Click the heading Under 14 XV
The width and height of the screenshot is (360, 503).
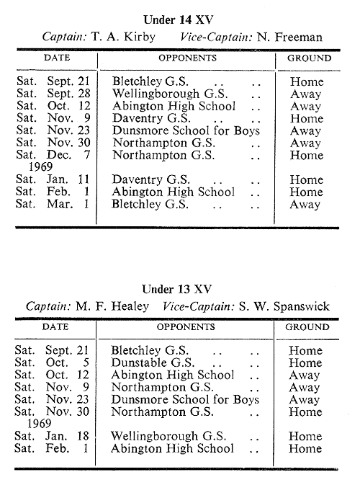(179, 20)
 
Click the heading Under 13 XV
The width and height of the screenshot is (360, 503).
(177, 290)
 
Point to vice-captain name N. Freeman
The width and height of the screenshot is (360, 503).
(289, 37)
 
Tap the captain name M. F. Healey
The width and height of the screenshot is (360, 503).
(112, 306)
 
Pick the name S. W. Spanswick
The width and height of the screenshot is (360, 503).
(284, 306)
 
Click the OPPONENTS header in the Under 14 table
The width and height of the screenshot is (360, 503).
(187, 58)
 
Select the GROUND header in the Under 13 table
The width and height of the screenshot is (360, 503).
(307, 327)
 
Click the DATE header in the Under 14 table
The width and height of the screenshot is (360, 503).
(57, 58)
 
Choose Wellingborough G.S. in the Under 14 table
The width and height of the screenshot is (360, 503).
(170, 94)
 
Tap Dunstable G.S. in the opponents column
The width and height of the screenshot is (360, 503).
(153, 362)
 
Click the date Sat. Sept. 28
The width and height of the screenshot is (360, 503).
(53, 94)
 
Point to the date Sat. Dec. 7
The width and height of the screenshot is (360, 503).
(53, 155)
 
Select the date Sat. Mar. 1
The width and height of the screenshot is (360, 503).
(53, 204)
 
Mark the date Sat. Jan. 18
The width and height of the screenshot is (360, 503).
(52, 436)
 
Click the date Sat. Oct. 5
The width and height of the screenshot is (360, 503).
(52, 362)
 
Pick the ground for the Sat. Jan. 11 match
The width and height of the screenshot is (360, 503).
(307, 179)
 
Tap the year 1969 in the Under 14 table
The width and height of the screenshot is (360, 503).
(41, 166)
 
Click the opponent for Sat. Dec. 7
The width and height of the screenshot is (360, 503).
(163, 155)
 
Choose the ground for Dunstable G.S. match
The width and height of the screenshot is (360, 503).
(305, 362)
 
